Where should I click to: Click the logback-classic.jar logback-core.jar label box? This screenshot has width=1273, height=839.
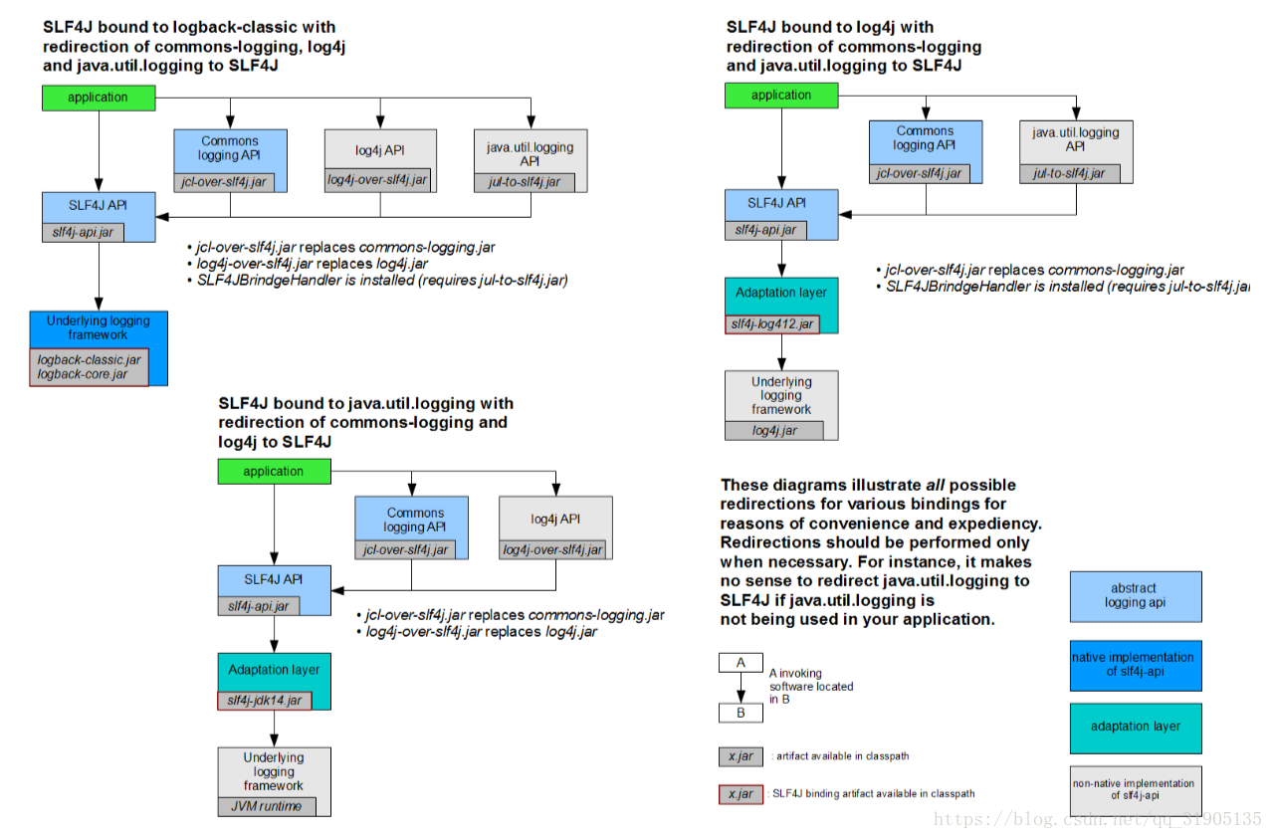coord(90,367)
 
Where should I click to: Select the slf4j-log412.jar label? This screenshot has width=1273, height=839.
coord(772,324)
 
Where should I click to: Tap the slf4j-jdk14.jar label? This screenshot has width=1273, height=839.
coord(265,701)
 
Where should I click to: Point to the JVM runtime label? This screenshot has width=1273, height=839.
coord(267,806)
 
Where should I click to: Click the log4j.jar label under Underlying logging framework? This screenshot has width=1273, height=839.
coord(774,430)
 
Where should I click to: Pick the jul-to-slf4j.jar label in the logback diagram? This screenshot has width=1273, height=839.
coord(524,182)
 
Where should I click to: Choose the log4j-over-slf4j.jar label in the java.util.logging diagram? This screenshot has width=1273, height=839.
coord(552,550)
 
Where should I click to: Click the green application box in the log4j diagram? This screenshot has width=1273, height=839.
coord(781,96)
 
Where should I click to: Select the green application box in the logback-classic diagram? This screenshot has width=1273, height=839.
coord(99,98)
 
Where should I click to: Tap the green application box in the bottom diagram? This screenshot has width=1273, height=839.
coord(274,472)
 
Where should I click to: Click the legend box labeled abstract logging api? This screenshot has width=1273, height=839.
coord(1136,596)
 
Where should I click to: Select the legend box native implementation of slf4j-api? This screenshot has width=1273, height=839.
coord(1136,666)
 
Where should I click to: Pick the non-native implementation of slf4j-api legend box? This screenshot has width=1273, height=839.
coord(1136,790)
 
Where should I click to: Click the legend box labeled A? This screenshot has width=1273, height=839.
coord(741,663)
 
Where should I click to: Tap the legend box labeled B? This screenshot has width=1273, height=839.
coord(741,713)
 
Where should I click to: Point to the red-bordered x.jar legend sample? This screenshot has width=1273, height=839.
coord(741,794)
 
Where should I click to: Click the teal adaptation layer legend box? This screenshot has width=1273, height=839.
coord(1136,729)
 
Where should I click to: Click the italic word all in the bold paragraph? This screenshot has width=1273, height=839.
coord(935,486)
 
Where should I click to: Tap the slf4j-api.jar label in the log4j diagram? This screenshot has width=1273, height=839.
coord(765,230)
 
